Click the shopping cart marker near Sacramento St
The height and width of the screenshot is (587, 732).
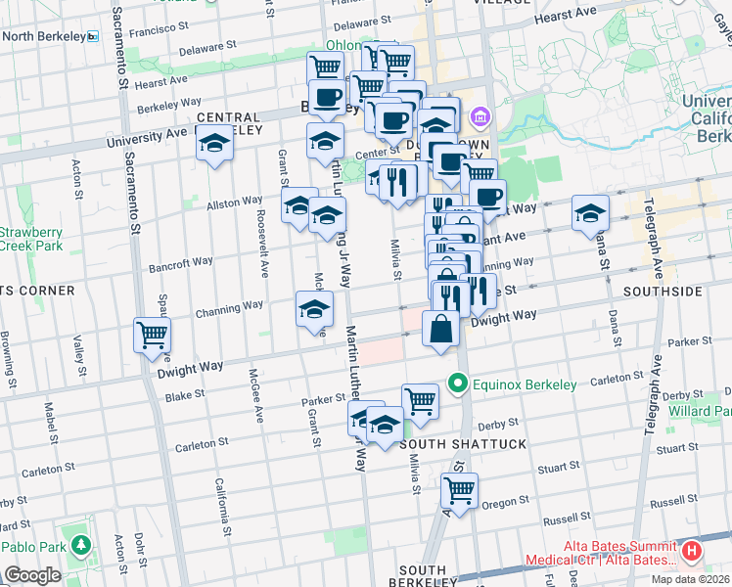coord(153,336)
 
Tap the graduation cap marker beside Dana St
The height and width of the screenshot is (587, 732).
coord(590,213)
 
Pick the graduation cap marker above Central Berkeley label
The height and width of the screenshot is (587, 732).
coord(214,143)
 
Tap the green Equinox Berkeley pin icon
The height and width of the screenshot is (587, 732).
coord(456,384)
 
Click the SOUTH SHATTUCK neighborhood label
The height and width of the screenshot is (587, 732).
coord(464,444)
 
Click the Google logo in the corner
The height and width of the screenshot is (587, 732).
coord(32,575)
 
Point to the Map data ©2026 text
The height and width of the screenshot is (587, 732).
coord(691,579)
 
